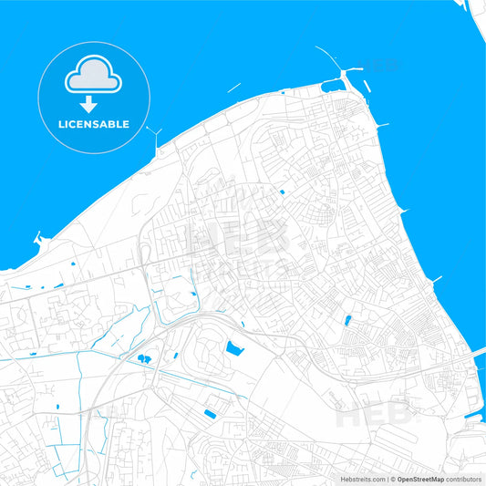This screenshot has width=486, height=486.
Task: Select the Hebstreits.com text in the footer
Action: pyautogui.click(x=362, y=478)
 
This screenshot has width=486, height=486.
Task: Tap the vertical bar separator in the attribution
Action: pyautogui.click(x=388, y=478)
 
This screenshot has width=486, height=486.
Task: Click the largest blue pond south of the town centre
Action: pyautogui.click(x=235, y=347)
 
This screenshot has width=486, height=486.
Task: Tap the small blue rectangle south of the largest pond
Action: pyautogui.click(x=211, y=414)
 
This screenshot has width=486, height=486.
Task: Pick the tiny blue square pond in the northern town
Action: pyautogui.click(x=282, y=191)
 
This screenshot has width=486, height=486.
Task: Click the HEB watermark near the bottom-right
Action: pyautogui.click(x=374, y=415)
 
